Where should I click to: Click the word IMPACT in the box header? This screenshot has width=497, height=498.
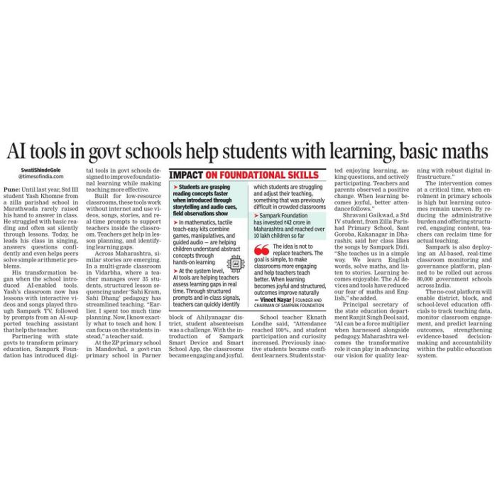[x=186, y=175]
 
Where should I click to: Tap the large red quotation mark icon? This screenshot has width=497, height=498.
[x=262, y=250]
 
